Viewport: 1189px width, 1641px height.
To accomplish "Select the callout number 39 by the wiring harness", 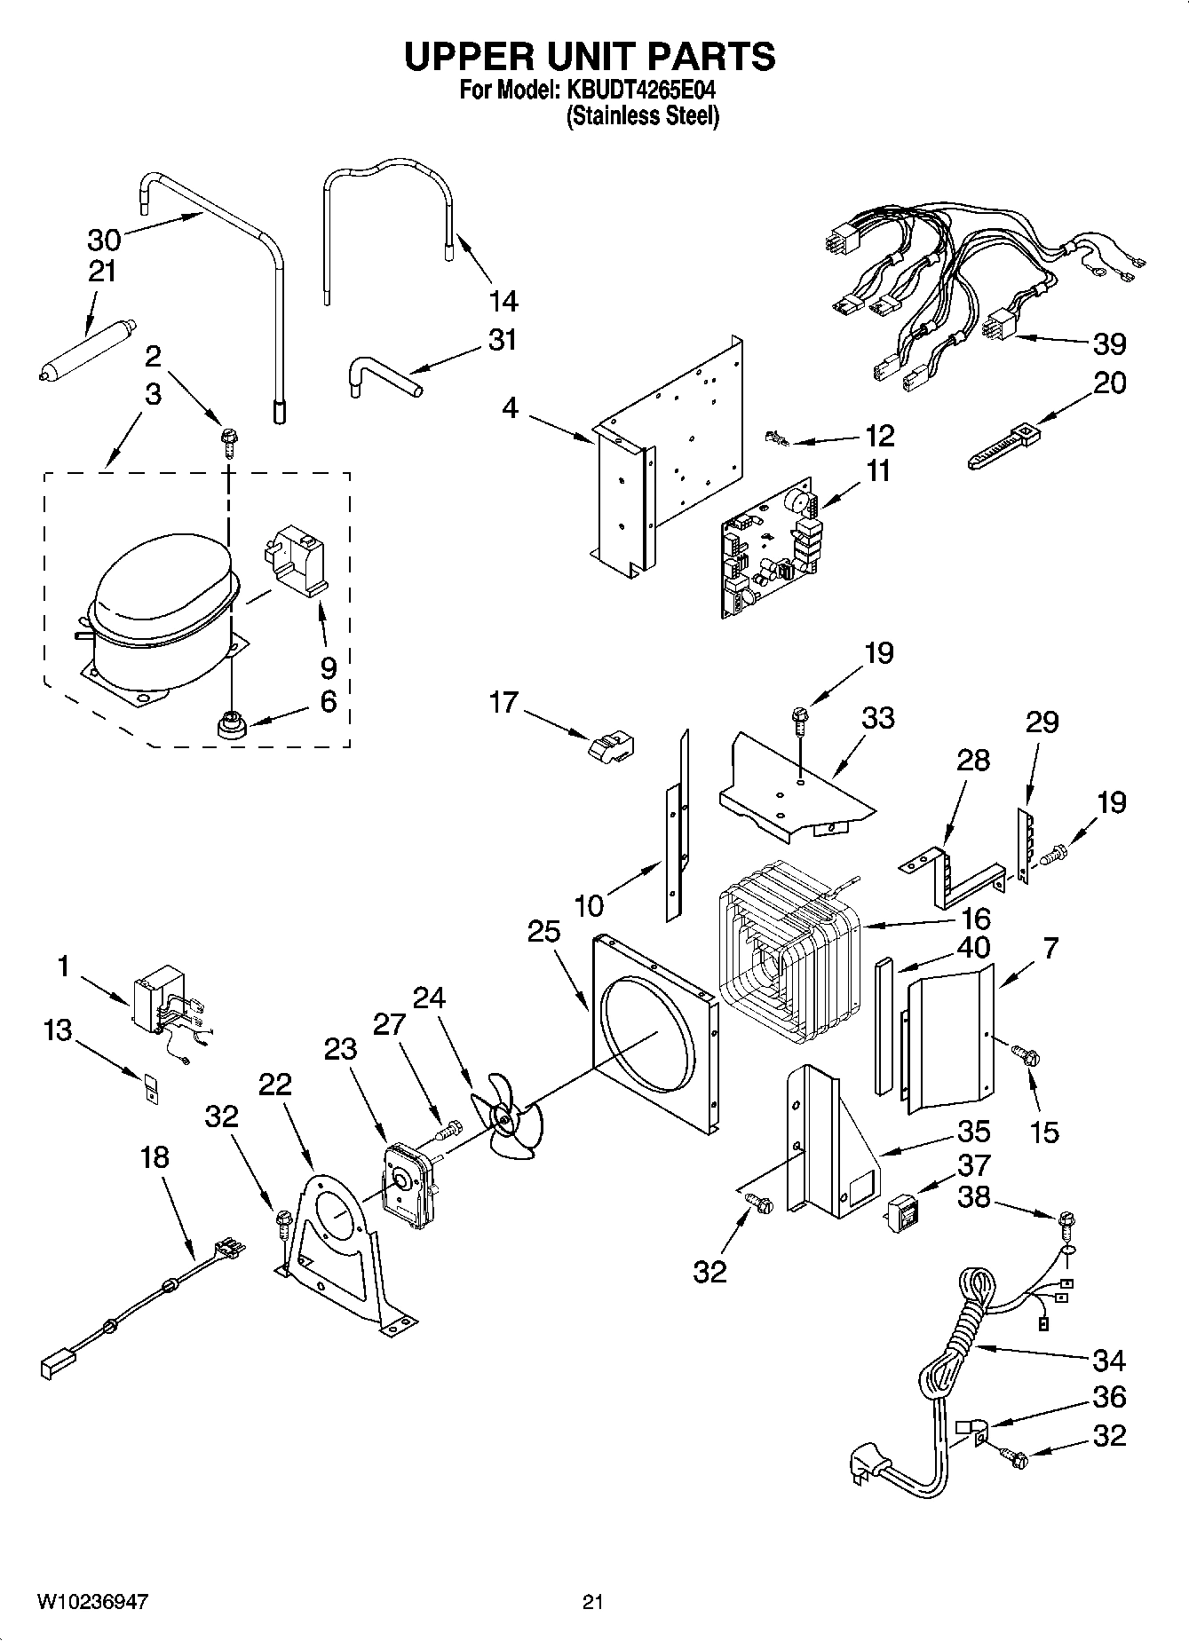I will point(1109,344).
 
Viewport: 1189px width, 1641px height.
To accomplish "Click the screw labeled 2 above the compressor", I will point(228,438).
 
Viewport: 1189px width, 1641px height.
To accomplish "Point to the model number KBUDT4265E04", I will point(640,91).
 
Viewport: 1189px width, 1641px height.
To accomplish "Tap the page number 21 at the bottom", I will point(593,1602).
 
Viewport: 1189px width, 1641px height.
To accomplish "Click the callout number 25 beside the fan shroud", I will point(543,932).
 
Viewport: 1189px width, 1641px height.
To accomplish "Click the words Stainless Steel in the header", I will point(642,115).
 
